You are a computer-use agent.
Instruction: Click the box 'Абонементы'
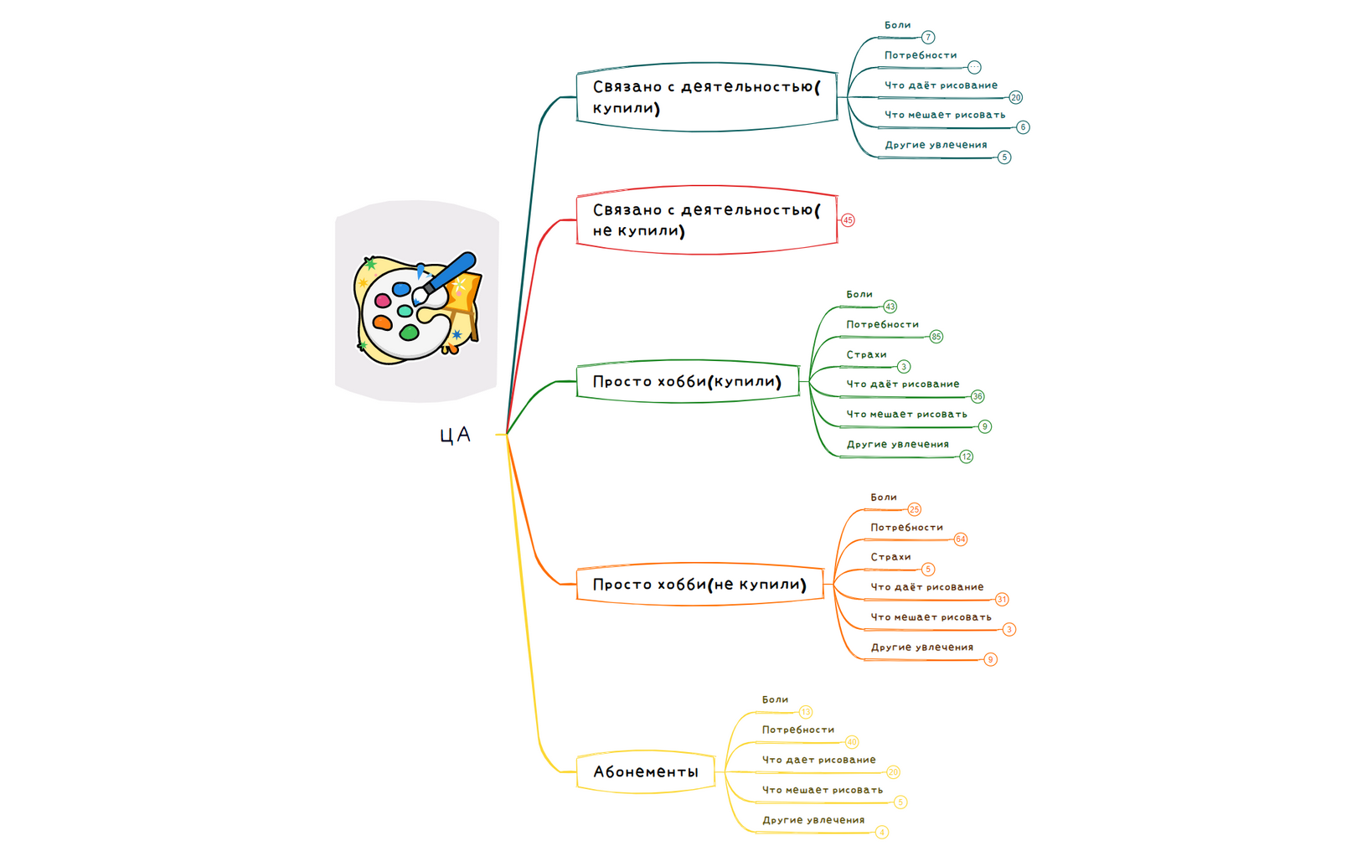(x=645, y=771)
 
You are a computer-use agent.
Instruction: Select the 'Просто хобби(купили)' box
(x=688, y=382)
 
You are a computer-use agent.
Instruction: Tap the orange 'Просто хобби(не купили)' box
(x=699, y=584)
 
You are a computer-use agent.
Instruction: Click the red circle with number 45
(x=848, y=220)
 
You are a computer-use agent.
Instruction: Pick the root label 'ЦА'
(x=456, y=435)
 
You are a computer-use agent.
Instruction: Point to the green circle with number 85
(x=936, y=337)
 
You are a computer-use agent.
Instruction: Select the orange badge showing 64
(x=960, y=539)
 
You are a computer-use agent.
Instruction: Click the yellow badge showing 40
(x=851, y=742)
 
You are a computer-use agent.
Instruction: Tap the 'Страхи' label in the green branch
(x=866, y=354)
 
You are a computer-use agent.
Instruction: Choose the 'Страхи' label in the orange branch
(x=890, y=557)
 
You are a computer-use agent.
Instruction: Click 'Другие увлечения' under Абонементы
(x=812, y=820)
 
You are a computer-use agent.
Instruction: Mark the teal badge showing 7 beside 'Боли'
(x=928, y=37)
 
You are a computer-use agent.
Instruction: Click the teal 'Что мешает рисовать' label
(x=944, y=115)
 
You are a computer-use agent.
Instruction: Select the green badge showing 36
(x=978, y=396)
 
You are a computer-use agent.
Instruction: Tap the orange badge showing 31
(x=1002, y=600)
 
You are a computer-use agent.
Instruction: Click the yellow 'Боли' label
(x=775, y=699)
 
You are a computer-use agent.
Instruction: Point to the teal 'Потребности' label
(x=920, y=55)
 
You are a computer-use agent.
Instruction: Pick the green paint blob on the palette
(x=409, y=333)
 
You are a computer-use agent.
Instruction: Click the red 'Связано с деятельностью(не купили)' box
(x=706, y=220)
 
